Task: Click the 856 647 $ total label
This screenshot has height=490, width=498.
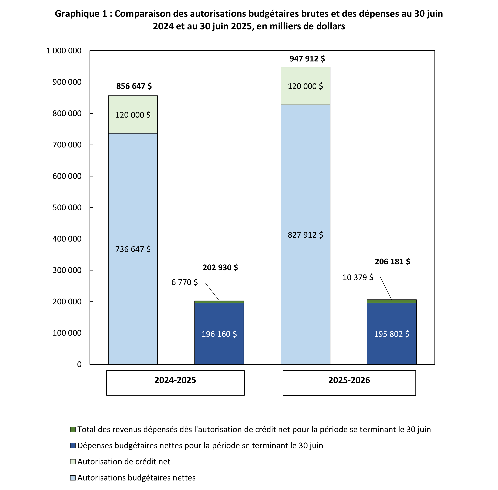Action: (134, 86)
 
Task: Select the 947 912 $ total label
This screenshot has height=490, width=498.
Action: (307, 59)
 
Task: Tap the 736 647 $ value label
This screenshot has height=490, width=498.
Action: (133, 249)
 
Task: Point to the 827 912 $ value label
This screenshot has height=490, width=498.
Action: (305, 235)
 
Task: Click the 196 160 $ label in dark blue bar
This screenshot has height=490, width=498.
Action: (219, 334)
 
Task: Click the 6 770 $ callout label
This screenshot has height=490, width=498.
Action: (185, 282)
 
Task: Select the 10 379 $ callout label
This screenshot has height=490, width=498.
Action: (358, 277)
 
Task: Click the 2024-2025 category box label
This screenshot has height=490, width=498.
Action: (175, 380)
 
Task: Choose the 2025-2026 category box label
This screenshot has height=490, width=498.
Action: (349, 380)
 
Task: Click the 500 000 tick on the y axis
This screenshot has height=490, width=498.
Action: (67, 208)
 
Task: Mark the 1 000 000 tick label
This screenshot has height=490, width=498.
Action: (64, 51)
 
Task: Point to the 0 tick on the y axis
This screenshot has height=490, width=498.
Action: (79, 364)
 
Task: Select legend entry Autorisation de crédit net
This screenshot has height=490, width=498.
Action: (124, 461)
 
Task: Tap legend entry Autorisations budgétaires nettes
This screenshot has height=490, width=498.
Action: (136, 478)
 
